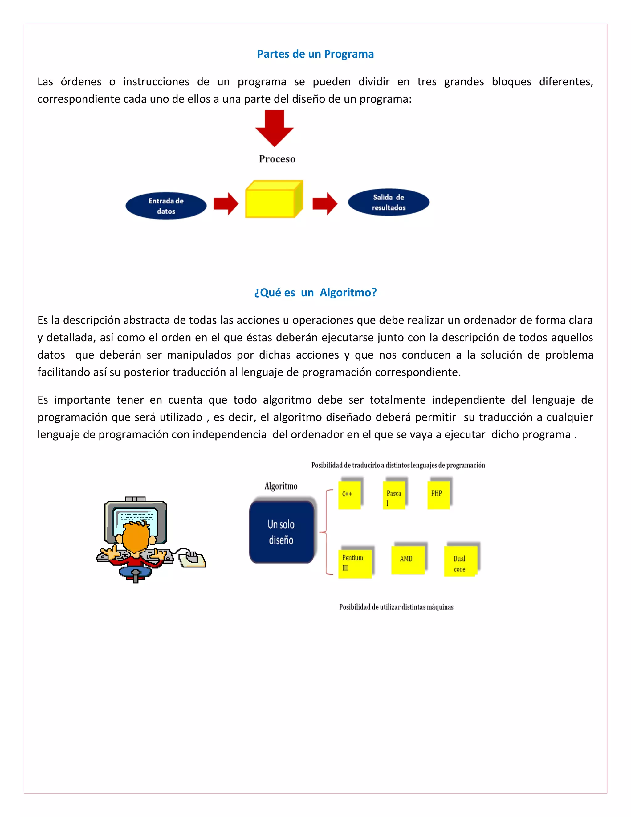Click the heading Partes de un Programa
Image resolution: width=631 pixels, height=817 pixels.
click(x=315, y=54)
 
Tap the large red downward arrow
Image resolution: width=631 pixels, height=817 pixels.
click(x=275, y=128)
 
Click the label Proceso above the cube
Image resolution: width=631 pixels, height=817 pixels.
click(x=277, y=159)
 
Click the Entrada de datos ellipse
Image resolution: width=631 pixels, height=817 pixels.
click(x=166, y=206)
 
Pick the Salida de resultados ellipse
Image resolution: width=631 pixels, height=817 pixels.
click(x=389, y=202)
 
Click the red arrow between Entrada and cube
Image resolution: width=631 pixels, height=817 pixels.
click(x=226, y=204)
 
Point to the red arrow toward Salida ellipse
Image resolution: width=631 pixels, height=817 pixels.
click(x=324, y=204)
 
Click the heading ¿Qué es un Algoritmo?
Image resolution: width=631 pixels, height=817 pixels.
click(x=315, y=293)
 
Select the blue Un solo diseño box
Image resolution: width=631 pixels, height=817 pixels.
click(x=282, y=532)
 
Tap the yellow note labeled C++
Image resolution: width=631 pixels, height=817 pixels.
click(x=349, y=495)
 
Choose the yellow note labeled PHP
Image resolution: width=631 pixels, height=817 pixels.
click(x=438, y=495)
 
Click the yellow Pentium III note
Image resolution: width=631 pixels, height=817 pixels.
click(x=354, y=564)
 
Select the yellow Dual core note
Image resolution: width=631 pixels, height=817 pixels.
click(x=460, y=561)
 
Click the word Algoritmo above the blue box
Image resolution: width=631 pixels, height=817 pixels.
click(x=281, y=486)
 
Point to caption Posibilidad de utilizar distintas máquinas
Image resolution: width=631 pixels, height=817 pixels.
click(x=396, y=607)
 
